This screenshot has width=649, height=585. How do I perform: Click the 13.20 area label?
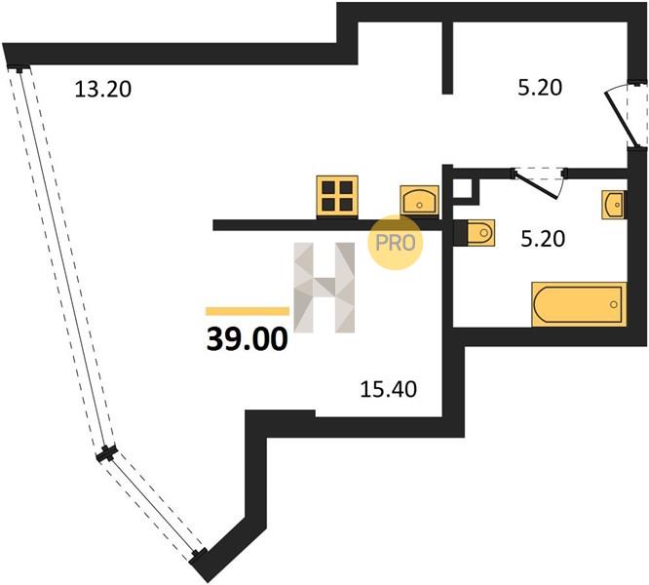pyautogui.click(x=103, y=90)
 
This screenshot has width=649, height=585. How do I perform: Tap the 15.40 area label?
pyautogui.click(x=388, y=389)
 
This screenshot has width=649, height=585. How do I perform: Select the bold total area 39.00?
pyautogui.click(x=248, y=338)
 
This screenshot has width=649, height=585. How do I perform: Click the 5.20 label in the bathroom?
pyautogui.click(x=543, y=239)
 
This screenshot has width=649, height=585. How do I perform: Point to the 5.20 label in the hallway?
pyautogui.click(x=540, y=88)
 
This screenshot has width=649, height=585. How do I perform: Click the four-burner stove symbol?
pyautogui.click(x=337, y=196)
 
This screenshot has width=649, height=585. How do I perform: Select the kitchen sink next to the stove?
pyautogui.click(x=419, y=201)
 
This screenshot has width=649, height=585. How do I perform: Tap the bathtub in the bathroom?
pyautogui.click(x=579, y=304)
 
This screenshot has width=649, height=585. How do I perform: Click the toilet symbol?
pyautogui.click(x=475, y=233)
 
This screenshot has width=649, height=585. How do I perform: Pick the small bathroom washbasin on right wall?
pyautogui.click(x=614, y=205)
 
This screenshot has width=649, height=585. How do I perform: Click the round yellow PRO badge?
pyautogui.click(x=396, y=243)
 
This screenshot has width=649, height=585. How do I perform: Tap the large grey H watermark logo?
pyautogui.click(x=324, y=288)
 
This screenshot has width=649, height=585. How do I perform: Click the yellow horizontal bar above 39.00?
pyautogui.click(x=248, y=311)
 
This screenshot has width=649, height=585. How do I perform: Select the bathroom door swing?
pyautogui.click(x=539, y=183)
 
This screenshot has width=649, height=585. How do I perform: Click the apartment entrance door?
pyautogui.click(x=626, y=114)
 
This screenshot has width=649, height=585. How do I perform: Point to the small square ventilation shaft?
pyautogui.click(x=465, y=190)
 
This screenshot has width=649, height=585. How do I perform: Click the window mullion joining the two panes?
pyautogui.click(x=107, y=454)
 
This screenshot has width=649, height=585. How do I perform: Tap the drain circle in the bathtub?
pyautogui.click(x=614, y=305)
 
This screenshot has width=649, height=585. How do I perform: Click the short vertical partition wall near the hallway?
pyautogui.click(x=447, y=58)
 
